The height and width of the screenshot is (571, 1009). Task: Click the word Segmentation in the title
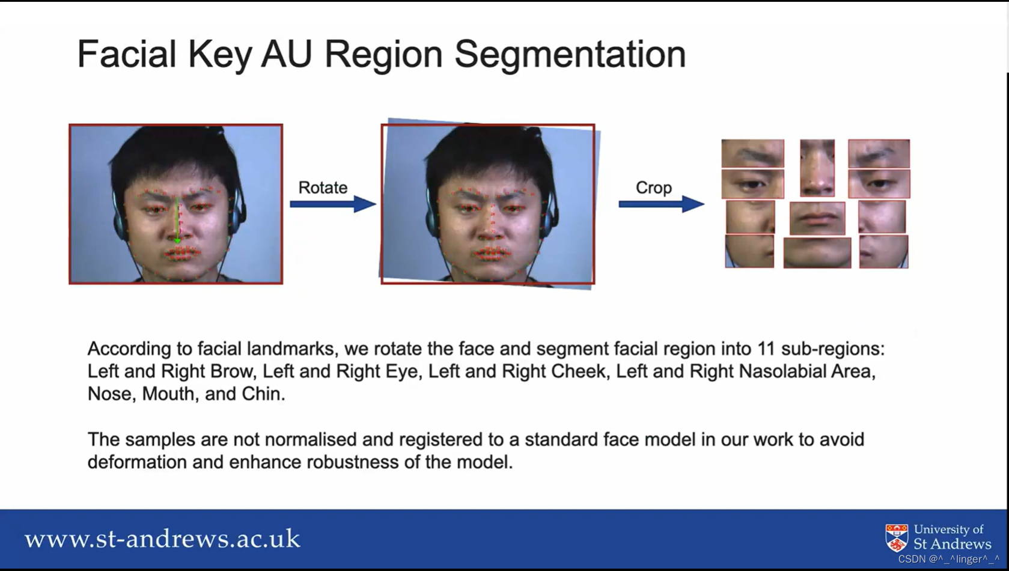(570, 54)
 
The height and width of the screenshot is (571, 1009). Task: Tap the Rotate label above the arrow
(323, 188)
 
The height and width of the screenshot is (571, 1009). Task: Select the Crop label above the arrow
(653, 188)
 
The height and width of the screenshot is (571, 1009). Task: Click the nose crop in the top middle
(817, 168)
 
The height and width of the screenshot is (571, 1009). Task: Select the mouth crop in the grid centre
(817, 218)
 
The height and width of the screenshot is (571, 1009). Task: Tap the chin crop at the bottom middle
(817, 252)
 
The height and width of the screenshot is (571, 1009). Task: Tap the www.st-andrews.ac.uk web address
(162, 539)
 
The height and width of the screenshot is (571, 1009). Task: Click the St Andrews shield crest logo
(897, 537)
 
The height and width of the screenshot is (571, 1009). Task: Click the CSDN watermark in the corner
(948, 559)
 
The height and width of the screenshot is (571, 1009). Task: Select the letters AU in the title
(286, 54)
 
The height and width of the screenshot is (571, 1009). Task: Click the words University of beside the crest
(948, 530)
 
